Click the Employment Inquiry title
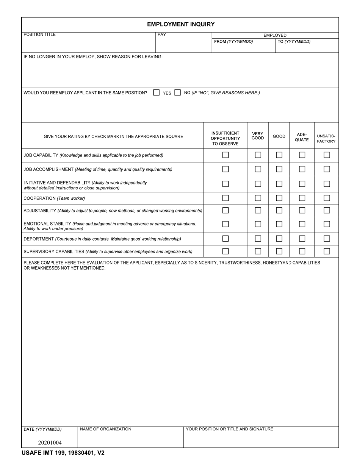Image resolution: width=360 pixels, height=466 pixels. (x=181, y=24)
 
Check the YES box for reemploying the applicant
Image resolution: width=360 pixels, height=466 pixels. (x=156, y=92)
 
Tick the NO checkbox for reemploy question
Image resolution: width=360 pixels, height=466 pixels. (x=177, y=92)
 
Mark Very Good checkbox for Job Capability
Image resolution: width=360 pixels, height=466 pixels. (x=258, y=155)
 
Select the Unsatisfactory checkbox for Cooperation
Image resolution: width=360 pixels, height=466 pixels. (x=327, y=198)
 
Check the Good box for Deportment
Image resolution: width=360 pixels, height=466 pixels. (x=279, y=239)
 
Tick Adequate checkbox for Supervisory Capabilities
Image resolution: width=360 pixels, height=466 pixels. (x=302, y=251)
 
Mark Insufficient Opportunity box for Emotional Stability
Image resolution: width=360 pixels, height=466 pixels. (x=225, y=224)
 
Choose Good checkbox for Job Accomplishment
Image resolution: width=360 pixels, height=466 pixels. (x=279, y=169)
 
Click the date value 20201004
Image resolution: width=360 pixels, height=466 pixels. (x=50, y=443)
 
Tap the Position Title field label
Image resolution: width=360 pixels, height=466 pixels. (x=39, y=35)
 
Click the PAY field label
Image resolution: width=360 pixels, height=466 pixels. (x=162, y=35)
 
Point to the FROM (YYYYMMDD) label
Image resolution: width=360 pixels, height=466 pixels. (x=233, y=42)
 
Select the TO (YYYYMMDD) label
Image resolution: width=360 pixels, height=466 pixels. (x=294, y=42)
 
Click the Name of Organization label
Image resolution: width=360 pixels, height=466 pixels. (x=106, y=429)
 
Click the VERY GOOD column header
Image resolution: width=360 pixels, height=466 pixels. (x=258, y=136)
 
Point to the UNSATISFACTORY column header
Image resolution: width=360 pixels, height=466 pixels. (x=326, y=138)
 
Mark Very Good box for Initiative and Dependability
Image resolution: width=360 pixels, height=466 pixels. (x=258, y=184)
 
